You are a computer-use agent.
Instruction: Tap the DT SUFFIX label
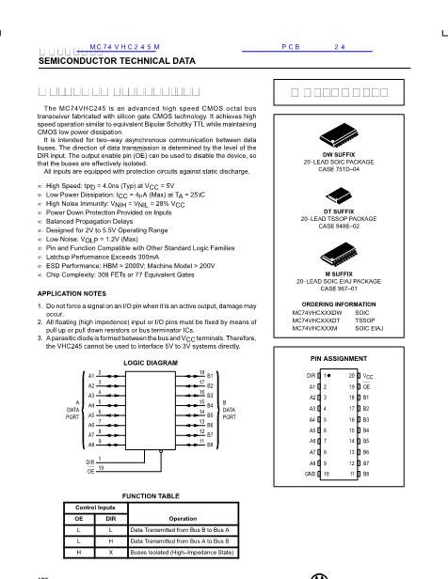[339, 211]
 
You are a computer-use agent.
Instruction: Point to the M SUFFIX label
[340, 274]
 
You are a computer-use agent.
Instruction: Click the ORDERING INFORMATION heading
[340, 304]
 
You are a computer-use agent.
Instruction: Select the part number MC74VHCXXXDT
[318, 320]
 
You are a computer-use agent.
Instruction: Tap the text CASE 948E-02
[340, 227]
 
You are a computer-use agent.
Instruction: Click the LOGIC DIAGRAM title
[150, 362]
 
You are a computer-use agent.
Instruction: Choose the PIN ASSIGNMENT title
[339, 358]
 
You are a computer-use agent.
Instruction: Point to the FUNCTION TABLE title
[151, 493]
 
